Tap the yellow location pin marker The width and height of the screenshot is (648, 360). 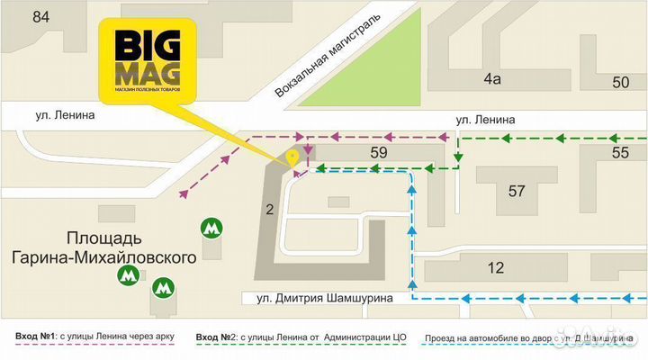coord(292,158)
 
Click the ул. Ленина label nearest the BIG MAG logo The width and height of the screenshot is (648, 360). coord(66,115)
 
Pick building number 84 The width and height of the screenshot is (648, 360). coord(40,16)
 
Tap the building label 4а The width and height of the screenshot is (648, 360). coord(491,79)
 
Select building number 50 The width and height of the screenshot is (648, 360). coord(620,83)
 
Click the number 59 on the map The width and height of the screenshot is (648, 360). coord(379,154)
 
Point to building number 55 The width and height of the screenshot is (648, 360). coord(620,154)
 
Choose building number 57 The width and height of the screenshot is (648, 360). coord(517,191)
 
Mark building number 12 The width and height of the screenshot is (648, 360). coord(495,267)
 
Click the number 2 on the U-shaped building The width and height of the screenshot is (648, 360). coord(268,211)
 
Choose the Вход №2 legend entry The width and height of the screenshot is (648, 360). coord(301,337)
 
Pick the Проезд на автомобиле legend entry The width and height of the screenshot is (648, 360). coord(522,337)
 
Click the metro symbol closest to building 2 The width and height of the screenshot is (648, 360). coord(211,229)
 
